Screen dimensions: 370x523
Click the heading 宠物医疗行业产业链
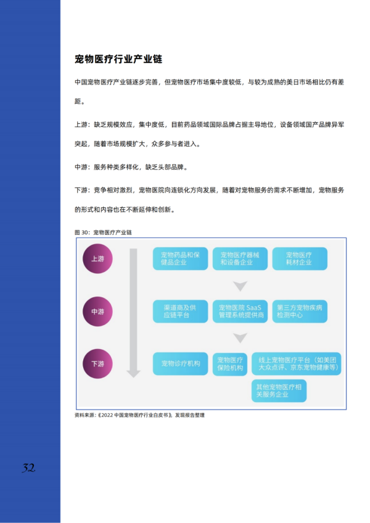tap(118, 59)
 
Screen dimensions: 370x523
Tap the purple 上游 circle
tap(97, 258)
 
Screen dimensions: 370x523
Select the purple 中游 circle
tap(97, 311)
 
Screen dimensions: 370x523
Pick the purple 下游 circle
tap(97, 363)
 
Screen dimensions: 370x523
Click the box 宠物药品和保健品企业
tap(180, 258)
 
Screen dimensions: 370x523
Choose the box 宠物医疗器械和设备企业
tap(240, 258)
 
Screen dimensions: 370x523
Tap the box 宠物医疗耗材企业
tap(300, 258)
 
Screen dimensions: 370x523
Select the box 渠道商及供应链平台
tap(180, 311)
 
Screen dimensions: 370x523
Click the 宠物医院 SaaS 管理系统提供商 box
tap(240, 311)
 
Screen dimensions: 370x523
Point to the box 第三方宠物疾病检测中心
tap(300, 311)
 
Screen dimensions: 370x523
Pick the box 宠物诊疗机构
tap(180, 363)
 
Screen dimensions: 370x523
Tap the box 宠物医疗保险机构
tap(230, 364)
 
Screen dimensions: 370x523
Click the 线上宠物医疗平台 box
tap(296, 363)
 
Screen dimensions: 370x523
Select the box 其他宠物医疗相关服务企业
tap(279, 390)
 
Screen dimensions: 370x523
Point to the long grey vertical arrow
tap(133, 313)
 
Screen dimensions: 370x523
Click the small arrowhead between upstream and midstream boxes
tap(240, 286)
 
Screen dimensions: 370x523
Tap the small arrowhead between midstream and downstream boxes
tap(240, 337)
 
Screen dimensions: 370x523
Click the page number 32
tap(29, 468)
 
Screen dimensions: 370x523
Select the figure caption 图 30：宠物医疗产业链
tap(103, 233)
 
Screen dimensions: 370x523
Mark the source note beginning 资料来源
tap(139, 415)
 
